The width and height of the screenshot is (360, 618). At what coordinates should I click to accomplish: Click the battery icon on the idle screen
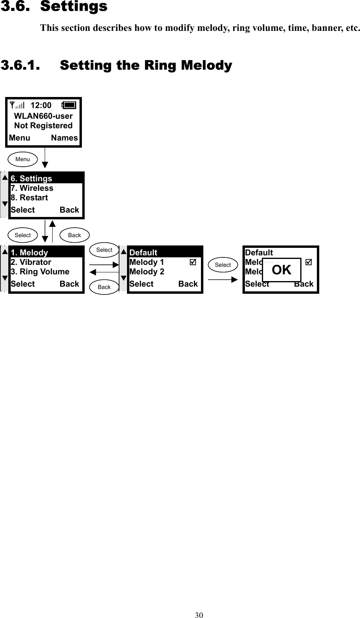click(x=69, y=105)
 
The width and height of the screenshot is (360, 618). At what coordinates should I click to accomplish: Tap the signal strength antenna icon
click(x=17, y=105)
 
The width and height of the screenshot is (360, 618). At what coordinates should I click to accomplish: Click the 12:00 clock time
click(x=41, y=105)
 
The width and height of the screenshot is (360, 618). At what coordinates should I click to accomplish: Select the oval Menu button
click(x=23, y=159)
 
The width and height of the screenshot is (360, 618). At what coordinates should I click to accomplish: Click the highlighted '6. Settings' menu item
click(x=31, y=179)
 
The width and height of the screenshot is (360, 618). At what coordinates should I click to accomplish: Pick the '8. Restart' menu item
click(x=29, y=198)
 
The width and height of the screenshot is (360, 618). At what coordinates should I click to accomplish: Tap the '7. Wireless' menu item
click(x=32, y=188)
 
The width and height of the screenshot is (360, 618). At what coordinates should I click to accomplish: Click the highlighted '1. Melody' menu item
click(x=29, y=253)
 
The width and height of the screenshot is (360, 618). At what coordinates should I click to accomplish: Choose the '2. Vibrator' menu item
click(x=31, y=262)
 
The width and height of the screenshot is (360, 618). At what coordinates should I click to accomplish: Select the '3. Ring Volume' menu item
click(x=40, y=272)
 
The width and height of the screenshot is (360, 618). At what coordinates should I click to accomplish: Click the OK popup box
click(x=281, y=270)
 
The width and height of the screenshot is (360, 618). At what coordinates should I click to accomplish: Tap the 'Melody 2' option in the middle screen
click(x=147, y=272)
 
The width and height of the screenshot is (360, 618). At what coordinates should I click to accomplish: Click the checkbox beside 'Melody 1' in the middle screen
click(x=193, y=262)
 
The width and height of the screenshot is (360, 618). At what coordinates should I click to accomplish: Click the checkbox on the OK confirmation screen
click(x=309, y=262)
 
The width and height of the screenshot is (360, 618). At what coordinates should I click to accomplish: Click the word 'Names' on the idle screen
click(x=64, y=138)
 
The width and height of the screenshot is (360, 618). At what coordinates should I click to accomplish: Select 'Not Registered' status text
click(x=43, y=126)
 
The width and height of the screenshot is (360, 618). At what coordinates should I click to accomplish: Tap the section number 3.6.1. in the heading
click(x=21, y=65)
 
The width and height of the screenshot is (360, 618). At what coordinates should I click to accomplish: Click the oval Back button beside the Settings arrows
click(x=74, y=235)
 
